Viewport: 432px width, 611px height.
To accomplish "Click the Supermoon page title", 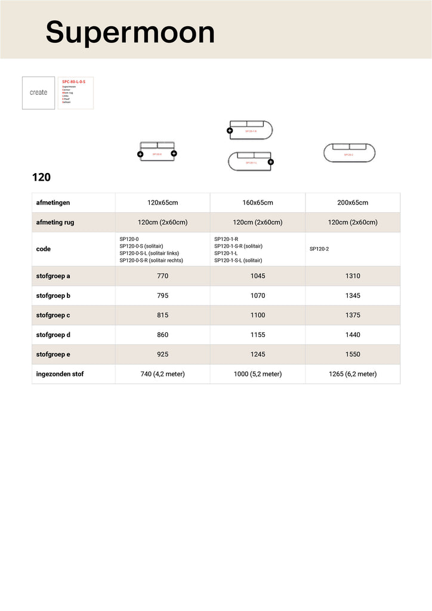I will [130, 32].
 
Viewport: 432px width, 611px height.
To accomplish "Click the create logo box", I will [38, 92].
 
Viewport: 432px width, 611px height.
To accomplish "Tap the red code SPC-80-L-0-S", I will [73, 81].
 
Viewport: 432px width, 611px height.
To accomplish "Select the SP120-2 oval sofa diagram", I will [350, 153].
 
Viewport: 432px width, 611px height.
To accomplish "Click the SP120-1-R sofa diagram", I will [251, 129].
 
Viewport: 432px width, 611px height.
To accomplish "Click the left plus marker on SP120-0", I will [140, 154].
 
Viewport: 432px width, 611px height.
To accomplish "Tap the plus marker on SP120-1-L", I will [270, 162].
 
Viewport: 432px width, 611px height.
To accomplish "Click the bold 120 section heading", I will [41, 177].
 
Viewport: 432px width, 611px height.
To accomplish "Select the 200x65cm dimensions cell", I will [352, 203].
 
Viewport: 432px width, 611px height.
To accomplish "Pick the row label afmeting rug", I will [55, 223].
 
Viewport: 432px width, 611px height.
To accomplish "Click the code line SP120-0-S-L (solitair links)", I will [149, 253].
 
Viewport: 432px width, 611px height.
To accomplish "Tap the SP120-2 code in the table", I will [319, 249].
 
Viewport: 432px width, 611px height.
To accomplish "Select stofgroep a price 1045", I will [258, 276].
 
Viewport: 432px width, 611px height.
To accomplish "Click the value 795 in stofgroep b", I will [162, 296].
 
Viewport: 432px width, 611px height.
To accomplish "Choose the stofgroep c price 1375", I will [352, 315].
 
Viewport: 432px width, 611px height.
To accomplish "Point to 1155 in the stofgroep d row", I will [258, 335].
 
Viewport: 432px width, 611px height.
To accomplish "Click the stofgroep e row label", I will [53, 354].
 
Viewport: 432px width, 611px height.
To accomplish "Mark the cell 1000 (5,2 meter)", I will [258, 374].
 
